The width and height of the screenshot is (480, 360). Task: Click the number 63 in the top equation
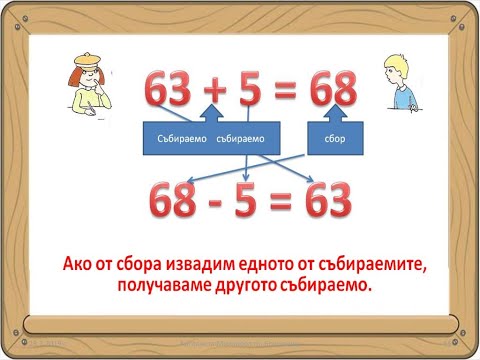tap(171, 92)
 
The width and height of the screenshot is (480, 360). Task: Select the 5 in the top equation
tap(256, 92)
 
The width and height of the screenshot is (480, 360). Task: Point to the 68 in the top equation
tap(332, 92)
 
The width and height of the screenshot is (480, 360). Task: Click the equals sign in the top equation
tap(290, 93)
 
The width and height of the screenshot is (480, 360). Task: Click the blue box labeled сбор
tap(336, 138)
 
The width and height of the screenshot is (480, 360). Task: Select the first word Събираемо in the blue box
tap(180, 138)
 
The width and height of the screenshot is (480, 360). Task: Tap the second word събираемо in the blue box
tap(237, 138)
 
